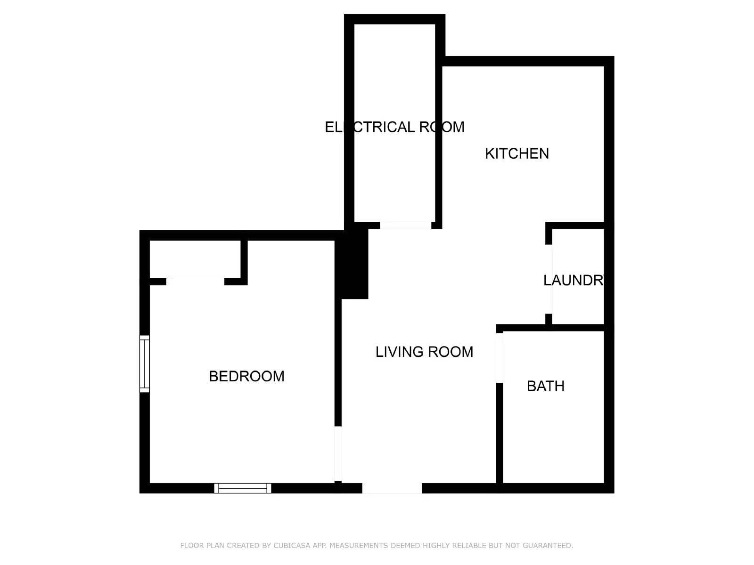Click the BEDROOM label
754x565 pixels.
pos(246,376)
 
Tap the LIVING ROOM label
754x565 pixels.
pos(424,352)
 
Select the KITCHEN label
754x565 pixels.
pos(517,153)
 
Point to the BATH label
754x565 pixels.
pos(545,386)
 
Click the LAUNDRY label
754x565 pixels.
pos(574,281)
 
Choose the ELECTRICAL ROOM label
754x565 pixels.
pos(394,127)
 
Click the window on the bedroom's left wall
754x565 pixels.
pos(145,363)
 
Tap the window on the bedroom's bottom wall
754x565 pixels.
pos(243,488)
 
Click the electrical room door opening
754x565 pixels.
pos(406,226)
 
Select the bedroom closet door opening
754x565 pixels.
pos(195,282)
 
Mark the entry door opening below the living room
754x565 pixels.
pos(392,489)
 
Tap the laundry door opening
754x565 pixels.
pos(549,279)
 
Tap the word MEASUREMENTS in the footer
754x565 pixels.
pos(359,546)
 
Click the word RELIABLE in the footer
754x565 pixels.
pos(469,546)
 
